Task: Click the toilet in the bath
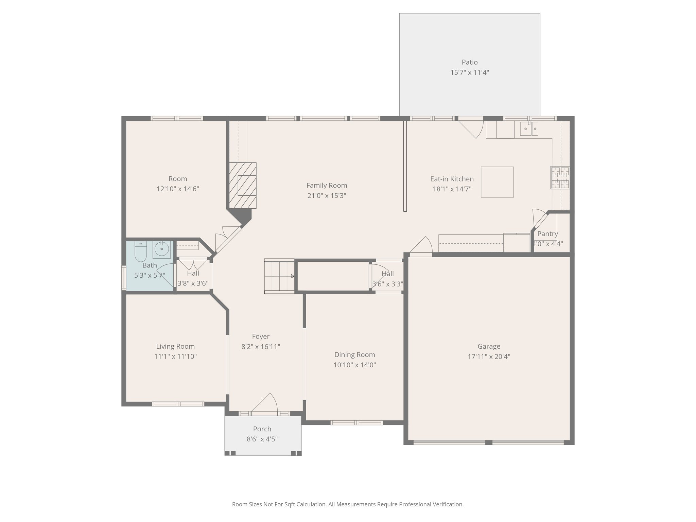point(140,250)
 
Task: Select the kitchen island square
point(497,182)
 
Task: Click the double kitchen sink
point(529,129)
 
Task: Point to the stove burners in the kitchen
point(560,178)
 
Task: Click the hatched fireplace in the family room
point(242,185)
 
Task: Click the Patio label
point(470,62)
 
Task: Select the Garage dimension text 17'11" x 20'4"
point(489,356)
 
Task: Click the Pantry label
point(547,234)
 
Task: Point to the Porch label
point(262,429)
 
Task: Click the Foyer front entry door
point(265,404)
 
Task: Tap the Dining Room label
point(355,355)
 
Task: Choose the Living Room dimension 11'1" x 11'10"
point(175,356)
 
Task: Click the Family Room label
point(327,186)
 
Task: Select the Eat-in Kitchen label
point(452,179)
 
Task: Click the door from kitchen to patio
point(471,127)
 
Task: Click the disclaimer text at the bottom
point(348,504)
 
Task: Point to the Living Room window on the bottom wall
point(178,404)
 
